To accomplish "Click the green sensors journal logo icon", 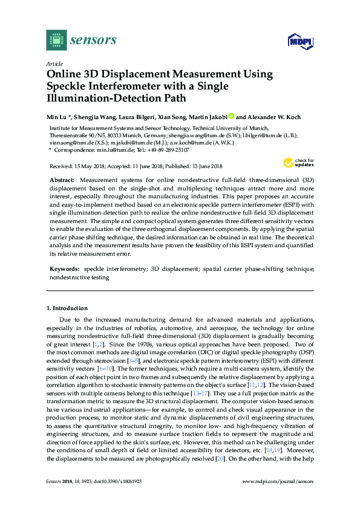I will (x=56, y=40).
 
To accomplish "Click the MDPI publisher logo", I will (x=299, y=41).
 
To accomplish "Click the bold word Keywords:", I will (x=64, y=268).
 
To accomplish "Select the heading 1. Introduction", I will (x=68, y=308).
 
